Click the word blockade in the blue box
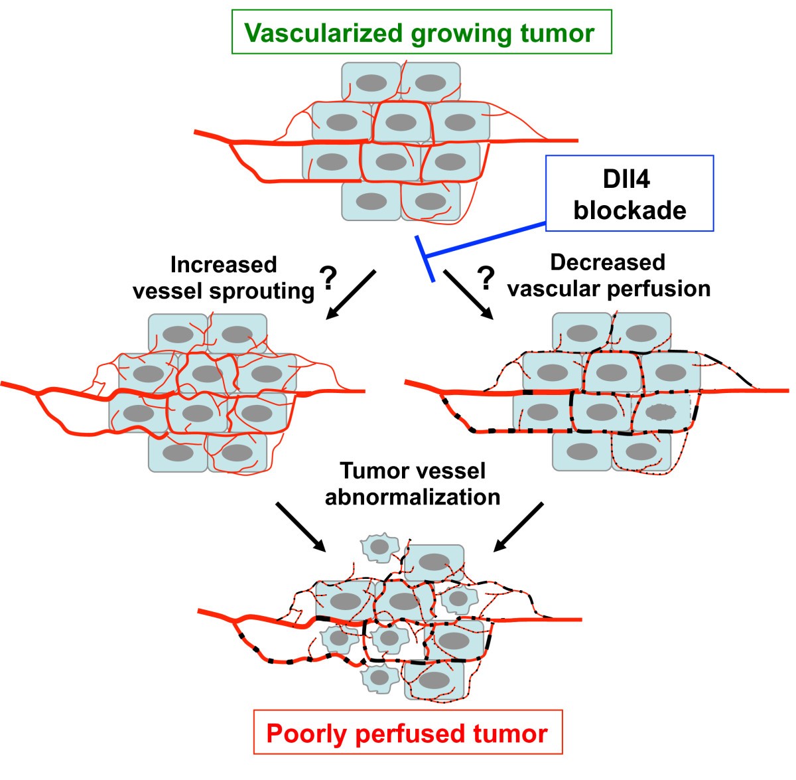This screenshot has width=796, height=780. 630,210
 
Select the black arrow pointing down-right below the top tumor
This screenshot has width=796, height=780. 468,294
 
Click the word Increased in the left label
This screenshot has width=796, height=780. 224,264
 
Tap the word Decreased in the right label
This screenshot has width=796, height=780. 608,262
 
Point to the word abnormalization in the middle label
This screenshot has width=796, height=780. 413,497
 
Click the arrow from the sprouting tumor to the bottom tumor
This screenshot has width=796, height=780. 300,526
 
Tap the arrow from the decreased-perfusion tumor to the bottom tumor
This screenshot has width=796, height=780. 519,526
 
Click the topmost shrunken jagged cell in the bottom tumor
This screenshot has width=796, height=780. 379,547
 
